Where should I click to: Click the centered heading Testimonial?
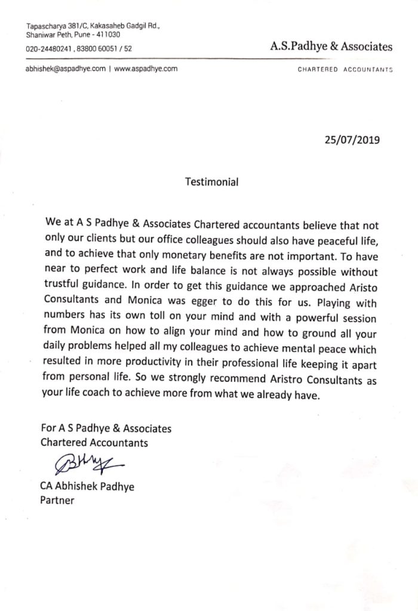point(211,182)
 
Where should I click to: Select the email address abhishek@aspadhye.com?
point(66,69)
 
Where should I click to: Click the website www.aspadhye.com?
point(146,69)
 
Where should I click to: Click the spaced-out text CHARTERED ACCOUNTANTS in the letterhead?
point(345,70)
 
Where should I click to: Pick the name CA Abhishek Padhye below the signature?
point(87,486)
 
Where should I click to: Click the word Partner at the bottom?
point(57,501)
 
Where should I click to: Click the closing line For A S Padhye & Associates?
point(106,428)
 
